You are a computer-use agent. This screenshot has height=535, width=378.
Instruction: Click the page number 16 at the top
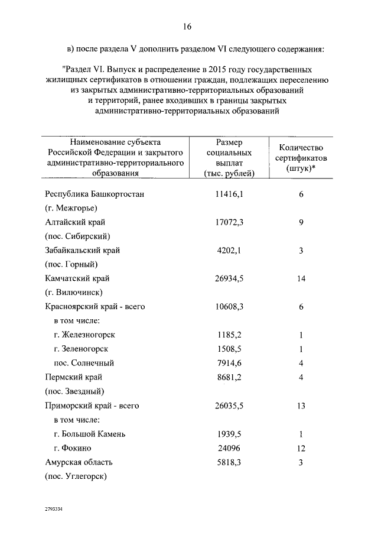(x=187, y=27)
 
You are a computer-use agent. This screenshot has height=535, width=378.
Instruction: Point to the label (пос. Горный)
(x=71, y=264)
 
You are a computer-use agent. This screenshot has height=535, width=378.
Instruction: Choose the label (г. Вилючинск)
(x=74, y=293)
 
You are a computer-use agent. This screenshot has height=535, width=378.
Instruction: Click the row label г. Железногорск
(x=84, y=335)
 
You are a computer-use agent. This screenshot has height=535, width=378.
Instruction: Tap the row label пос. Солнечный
(x=83, y=363)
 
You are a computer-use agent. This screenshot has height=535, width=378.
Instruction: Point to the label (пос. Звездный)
(x=74, y=391)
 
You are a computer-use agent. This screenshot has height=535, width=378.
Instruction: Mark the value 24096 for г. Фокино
(x=230, y=448)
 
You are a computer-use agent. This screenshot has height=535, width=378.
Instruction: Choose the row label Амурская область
(x=79, y=462)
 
